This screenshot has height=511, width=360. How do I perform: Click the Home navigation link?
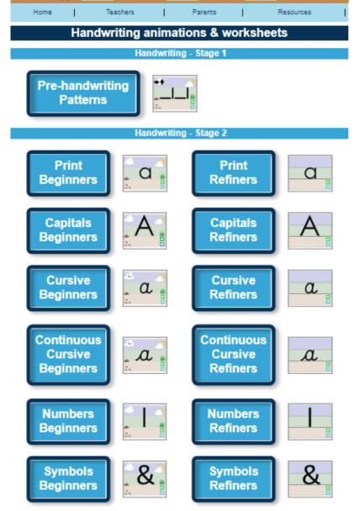pyautogui.click(x=42, y=13)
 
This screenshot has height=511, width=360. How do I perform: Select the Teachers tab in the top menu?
pyautogui.click(x=119, y=13)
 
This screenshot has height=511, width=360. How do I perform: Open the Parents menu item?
pyautogui.click(x=204, y=13)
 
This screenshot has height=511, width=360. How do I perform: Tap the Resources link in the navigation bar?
pyautogui.click(x=294, y=13)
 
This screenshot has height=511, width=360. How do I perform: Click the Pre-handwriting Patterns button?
pyautogui.click(x=82, y=92)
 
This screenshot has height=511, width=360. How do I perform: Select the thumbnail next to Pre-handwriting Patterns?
pyautogui.click(x=174, y=93)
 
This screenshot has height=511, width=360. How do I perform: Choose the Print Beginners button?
pyautogui.click(x=68, y=173)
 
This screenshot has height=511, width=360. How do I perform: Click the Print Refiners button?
pyautogui.click(x=233, y=173)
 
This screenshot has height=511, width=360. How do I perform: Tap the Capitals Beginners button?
pyautogui.click(x=68, y=230)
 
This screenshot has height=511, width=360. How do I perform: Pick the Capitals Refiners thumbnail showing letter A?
pyautogui.click(x=310, y=229)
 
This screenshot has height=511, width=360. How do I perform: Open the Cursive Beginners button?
pyautogui.click(x=68, y=287)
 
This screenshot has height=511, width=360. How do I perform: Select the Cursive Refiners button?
pyautogui.click(x=233, y=287)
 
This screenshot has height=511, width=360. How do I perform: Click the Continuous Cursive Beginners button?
pyautogui.click(x=68, y=354)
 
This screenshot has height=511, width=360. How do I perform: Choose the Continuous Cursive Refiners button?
pyautogui.click(x=233, y=354)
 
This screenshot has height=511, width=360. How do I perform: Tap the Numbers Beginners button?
pyautogui.click(x=68, y=420)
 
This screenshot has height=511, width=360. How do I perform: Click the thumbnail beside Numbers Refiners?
pyautogui.click(x=310, y=420)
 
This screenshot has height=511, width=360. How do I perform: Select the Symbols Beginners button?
pyautogui.click(x=68, y=478)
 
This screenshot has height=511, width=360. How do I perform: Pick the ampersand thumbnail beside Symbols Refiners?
pyautogui.click(x=310, y=478)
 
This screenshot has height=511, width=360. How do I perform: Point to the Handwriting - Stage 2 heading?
pyautogui.click(x=179, y=133)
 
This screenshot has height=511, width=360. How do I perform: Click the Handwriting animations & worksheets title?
pyautogui.click(x=179, y=34)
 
